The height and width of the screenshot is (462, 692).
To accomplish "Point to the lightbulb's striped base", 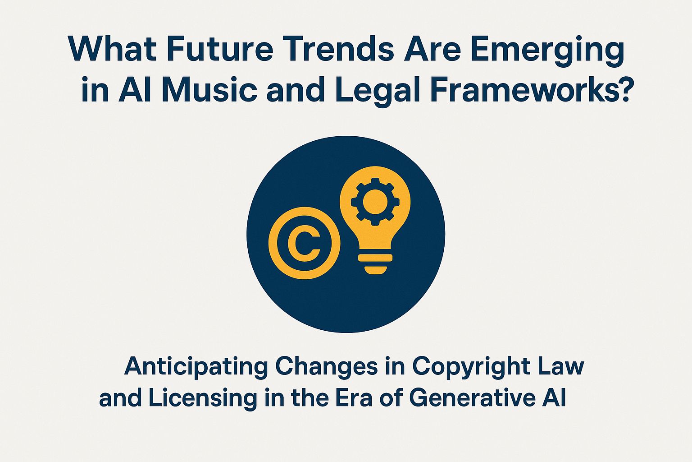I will point(375,263).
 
